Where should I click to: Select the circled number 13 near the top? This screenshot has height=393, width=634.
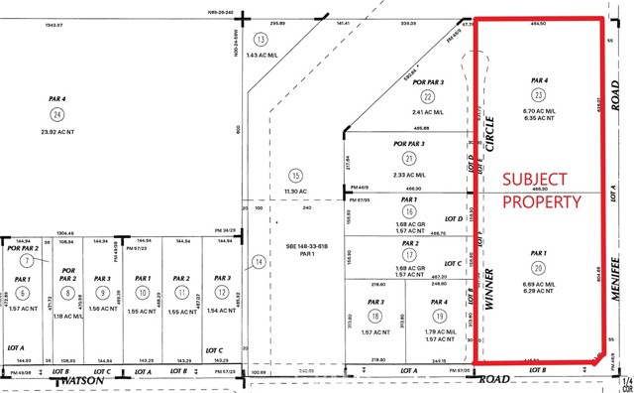262,39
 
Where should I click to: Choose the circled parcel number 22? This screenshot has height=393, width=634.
428,96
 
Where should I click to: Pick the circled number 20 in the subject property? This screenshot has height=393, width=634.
538,267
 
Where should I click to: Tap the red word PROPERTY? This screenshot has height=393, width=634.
540,201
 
